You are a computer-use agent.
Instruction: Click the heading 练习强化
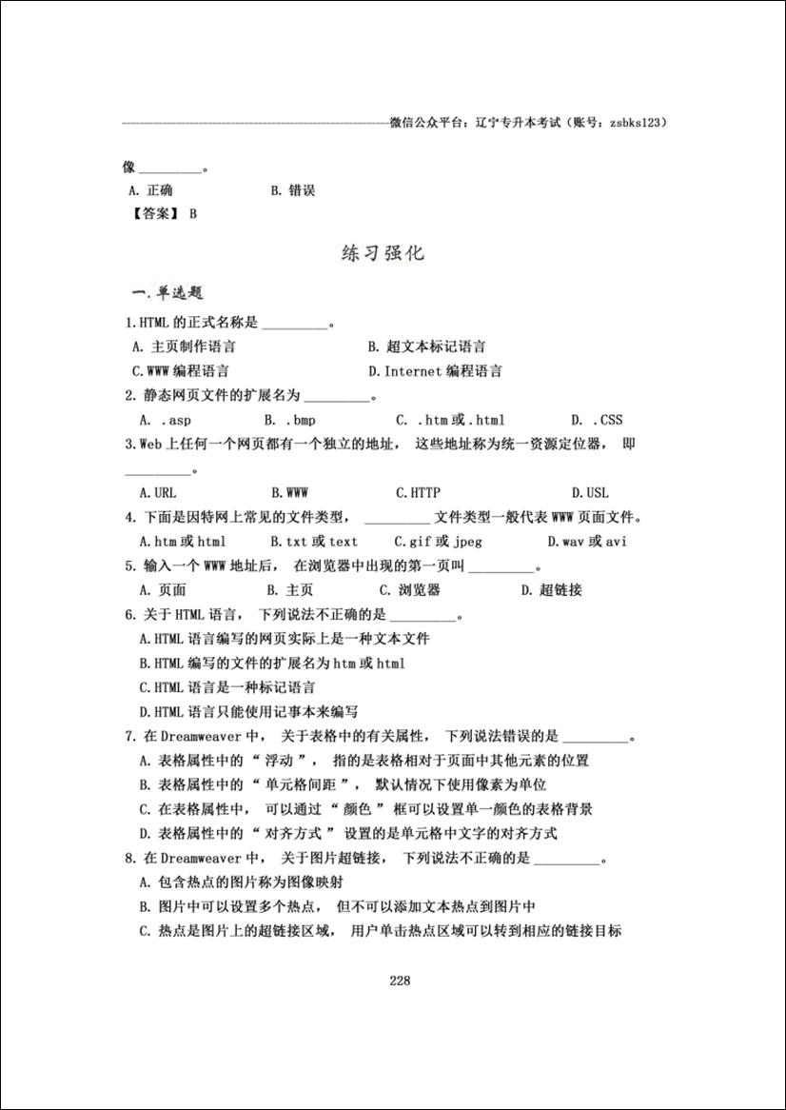383,254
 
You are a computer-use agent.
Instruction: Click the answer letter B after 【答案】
193,214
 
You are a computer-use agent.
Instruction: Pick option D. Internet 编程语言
435,371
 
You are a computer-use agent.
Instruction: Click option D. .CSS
598,420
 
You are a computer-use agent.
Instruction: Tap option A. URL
158,493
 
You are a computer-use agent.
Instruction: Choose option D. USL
590,493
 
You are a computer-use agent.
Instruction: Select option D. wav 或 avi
587,542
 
